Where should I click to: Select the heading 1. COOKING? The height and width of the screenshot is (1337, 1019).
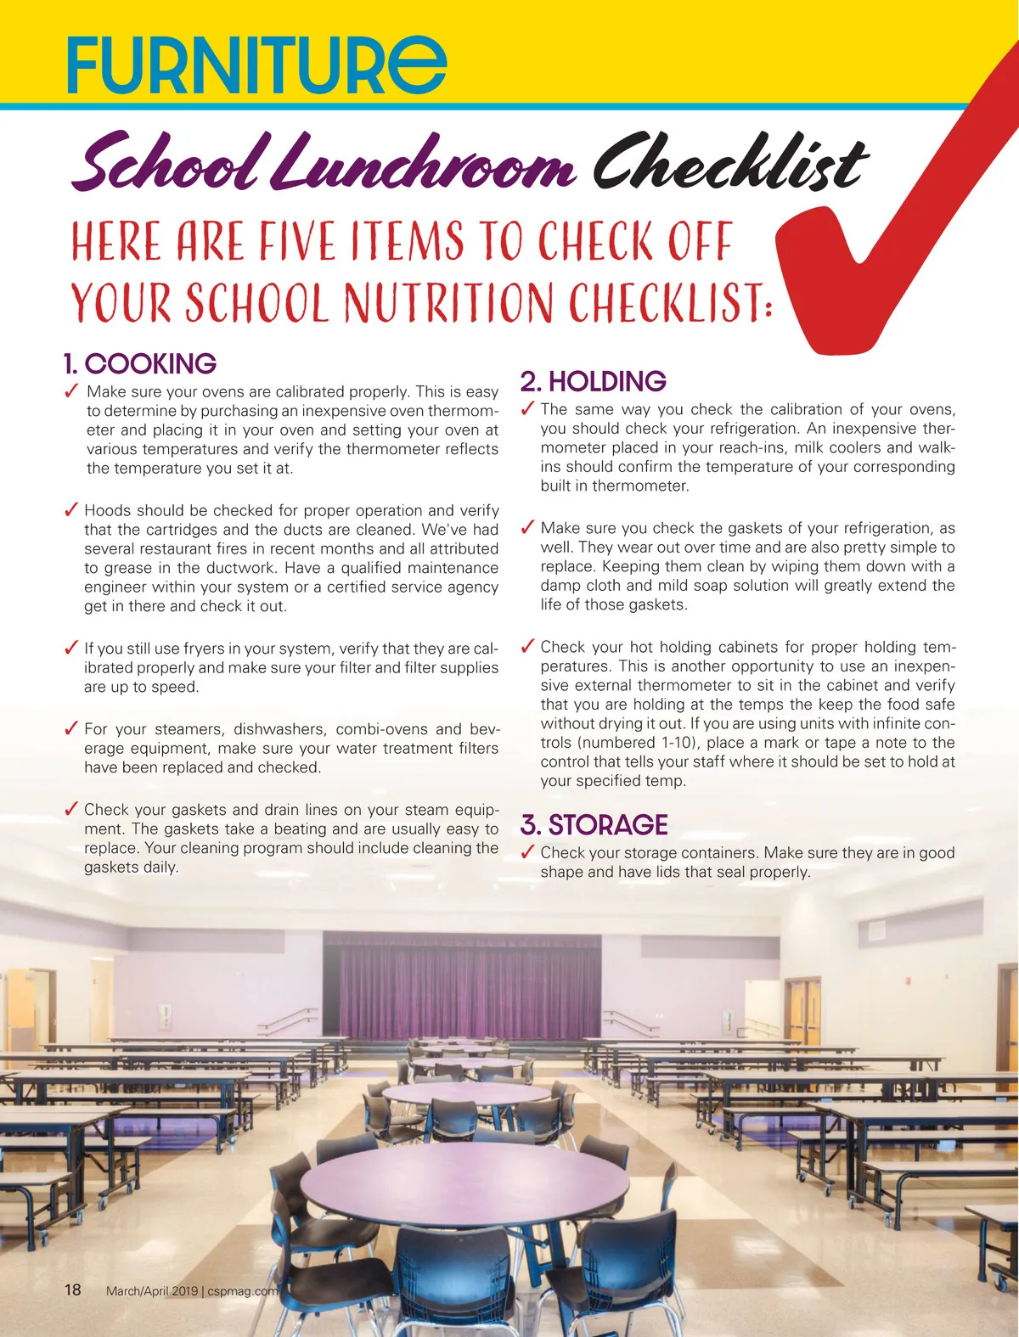point(140,363)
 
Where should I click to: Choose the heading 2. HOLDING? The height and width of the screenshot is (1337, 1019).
point(593,381)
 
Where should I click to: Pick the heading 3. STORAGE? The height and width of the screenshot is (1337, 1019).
point(594,825)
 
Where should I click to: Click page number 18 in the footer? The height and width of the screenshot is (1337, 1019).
point(73,1290)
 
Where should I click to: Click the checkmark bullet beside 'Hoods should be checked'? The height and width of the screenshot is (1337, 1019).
point(71,510)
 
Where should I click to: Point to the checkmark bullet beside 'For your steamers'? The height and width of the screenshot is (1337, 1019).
point(71,728)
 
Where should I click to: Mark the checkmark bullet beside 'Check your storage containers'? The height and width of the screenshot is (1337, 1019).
point(526,852)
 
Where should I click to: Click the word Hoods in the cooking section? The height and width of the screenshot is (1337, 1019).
point(105,510)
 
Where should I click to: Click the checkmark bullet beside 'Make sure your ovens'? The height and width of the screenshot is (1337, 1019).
point(71,391)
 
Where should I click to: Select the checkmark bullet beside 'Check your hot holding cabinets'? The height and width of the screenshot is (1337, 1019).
point(526,647)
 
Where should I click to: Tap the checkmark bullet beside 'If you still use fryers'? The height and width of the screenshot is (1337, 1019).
point(71,649)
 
